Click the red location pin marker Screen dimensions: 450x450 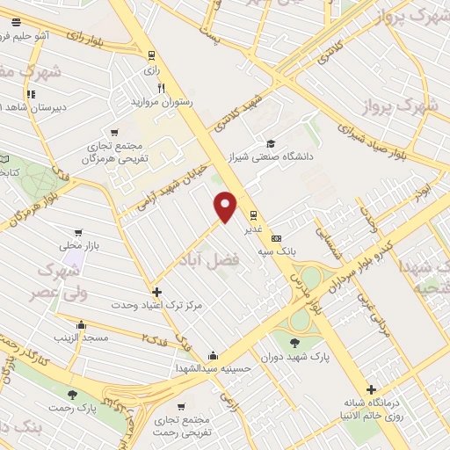[227, 207]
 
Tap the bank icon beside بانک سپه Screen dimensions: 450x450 [277, 237]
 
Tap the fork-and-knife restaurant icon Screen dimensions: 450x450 [161, 88]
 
